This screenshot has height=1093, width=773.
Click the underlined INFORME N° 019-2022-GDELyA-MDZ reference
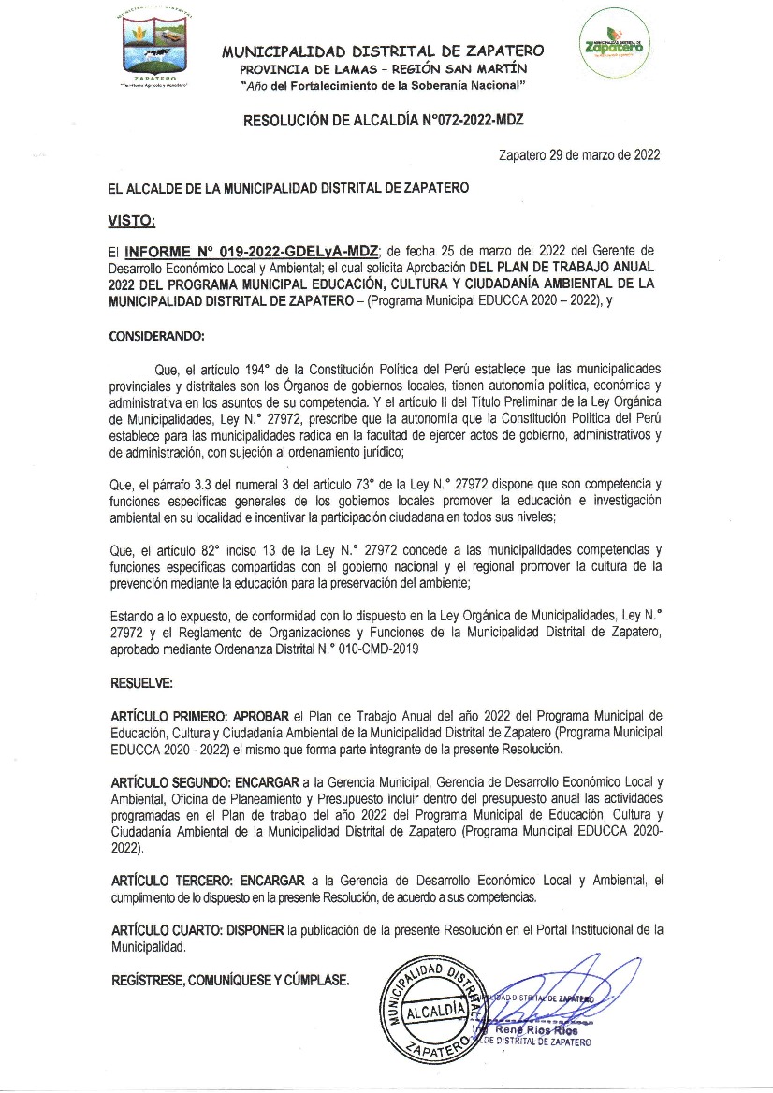252,251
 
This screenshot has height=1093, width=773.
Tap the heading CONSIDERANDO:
156,334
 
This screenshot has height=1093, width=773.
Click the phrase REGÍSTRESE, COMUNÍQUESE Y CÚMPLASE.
230,981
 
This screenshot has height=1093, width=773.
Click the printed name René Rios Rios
544,1029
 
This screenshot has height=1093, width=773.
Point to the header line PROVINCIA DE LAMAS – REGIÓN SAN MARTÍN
383,69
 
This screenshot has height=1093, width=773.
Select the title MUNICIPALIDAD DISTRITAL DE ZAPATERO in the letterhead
383,52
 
